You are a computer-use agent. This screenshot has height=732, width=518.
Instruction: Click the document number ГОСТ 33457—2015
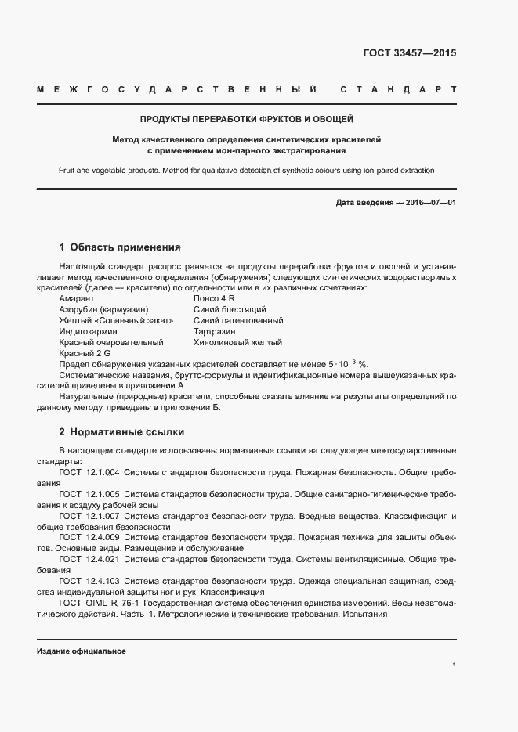coord(409,54)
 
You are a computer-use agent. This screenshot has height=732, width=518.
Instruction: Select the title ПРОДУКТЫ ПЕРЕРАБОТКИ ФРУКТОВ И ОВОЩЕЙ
coord(246,120)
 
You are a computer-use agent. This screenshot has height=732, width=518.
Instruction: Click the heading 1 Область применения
coord(120,247)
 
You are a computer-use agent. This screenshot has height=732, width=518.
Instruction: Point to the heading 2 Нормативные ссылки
coord(121,431)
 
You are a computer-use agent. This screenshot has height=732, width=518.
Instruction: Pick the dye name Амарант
coord(76,299)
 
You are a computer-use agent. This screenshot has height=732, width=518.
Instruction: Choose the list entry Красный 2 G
coord(84,354)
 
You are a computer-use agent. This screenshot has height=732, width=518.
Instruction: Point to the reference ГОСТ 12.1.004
coord(89,473)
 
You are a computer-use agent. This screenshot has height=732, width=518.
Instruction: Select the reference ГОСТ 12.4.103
coord(89,582)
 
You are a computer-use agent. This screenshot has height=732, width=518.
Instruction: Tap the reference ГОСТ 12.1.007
coord(89,517)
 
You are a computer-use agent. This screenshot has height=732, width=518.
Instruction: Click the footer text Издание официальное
coord(82,651)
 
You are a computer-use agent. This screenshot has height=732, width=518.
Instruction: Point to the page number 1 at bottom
coord(454,665)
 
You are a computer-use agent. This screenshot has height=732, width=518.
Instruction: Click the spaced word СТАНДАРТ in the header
coord(398,89)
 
